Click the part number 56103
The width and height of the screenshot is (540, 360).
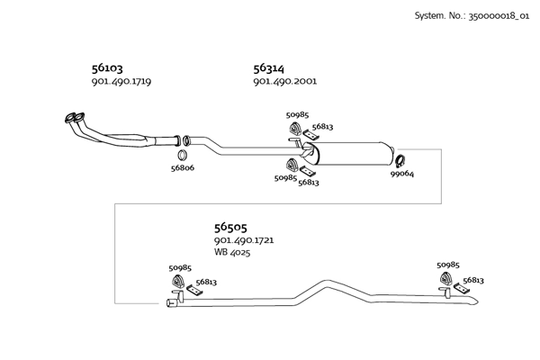pyautogui.click(x=107, y=67)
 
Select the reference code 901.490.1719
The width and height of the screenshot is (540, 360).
pyautogui.click(x=121, y=82)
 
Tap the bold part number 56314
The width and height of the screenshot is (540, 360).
pyautogui.click(x=268, y=67)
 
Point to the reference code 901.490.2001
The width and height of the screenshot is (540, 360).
pyautogui.click(x=284, y=82)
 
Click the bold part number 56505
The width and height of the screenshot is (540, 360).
pyautogui.click(x=230, y=228)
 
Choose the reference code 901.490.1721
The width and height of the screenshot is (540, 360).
pyautogui.click(x=244, y=241)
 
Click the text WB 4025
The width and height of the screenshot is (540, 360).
pyautogui.click(x=232, y=253)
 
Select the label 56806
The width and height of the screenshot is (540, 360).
pyautogui.click(x=183, y=167)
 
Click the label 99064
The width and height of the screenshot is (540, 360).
pyautogui.click(x=401, y=174)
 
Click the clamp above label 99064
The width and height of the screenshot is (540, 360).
pyautogui.click(x=400, y=161)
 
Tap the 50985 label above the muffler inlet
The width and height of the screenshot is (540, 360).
pyautogui.click(x=297, y=115)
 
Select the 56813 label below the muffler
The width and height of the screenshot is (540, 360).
pyautogui.click(x=309, y=183)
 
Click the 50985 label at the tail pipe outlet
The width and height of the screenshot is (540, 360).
pyautogui.click(x=448, y=265)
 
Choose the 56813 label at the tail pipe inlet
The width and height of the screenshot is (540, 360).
pyautogui.click(x=206, y=282)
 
